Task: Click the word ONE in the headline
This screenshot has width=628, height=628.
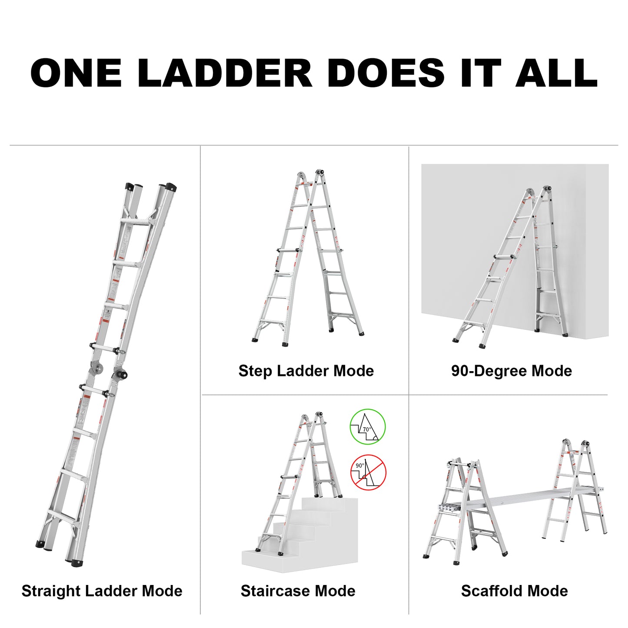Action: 76,73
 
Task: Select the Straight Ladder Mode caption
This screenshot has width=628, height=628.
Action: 102,591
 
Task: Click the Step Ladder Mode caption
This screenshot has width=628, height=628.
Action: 306,371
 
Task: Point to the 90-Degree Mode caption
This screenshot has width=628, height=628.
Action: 511,371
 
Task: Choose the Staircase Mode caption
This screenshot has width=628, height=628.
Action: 298,591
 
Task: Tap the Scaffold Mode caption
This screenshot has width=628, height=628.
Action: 514,591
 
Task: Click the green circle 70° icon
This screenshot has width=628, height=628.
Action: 368,426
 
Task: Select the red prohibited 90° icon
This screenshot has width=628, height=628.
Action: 368,472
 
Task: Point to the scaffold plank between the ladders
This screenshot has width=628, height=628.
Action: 522,498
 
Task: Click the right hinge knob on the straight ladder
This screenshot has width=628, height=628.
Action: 122,374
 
